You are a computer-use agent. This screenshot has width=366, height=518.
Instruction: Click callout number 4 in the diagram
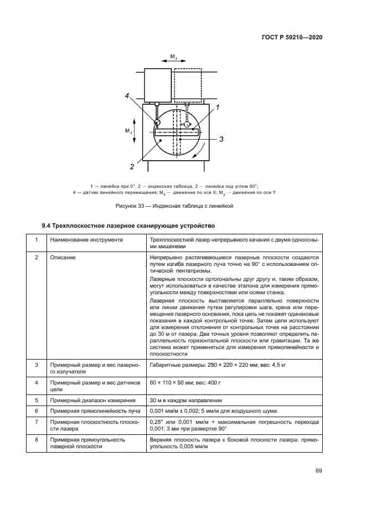coord(127,96)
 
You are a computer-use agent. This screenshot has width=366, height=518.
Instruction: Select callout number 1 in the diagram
coord(218,107)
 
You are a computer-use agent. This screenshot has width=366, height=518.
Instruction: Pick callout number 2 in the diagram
coord(132,166)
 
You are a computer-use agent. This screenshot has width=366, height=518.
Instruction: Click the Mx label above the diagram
coord(173,57)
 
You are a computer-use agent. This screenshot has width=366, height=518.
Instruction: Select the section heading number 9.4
coord(47,225)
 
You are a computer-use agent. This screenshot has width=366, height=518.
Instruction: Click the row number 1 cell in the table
coord(37,240)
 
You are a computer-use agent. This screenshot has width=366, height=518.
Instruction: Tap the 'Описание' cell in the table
coord(62,258)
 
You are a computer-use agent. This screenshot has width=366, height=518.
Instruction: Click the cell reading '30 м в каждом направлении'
coord(185,400)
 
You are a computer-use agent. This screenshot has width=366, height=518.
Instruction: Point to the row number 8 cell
coord(37,439)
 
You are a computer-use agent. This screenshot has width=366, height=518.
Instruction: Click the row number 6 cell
coord(37,411)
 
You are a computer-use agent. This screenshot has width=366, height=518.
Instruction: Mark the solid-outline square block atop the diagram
coord(158,85)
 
